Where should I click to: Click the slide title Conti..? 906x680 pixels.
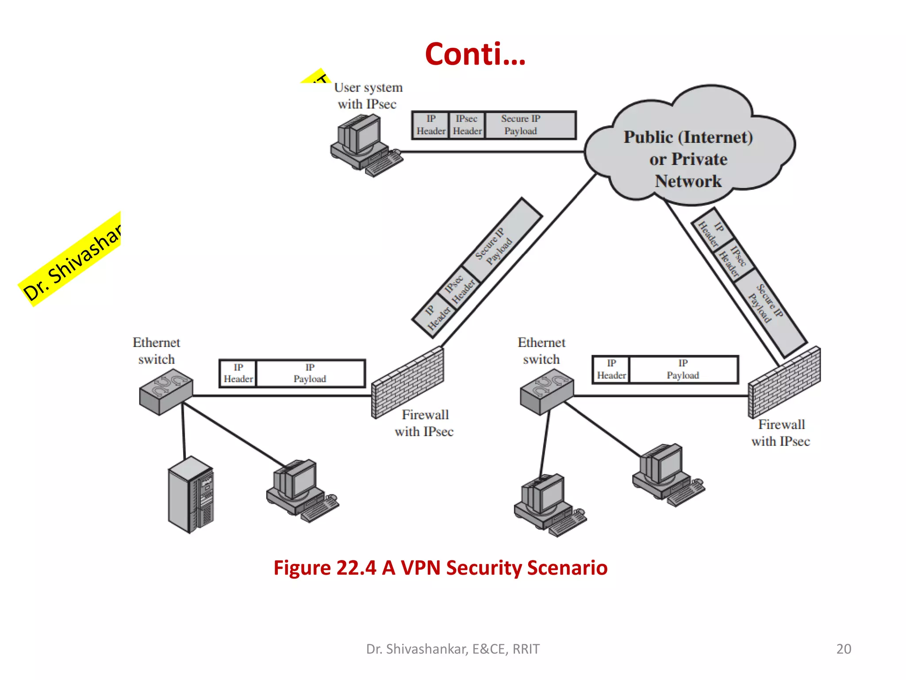[x=475, y=54]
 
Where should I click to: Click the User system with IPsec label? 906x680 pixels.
[x=368, y=96]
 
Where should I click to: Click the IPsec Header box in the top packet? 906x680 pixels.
[x=467, y=125]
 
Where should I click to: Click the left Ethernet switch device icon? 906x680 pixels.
[x=165, y=391]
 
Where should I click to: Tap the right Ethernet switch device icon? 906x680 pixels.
[x=547, y=391]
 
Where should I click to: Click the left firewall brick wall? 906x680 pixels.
[x=407, y=382]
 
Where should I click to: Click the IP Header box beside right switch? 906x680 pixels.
[x=611, y=369]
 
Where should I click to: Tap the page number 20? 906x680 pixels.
[x=843, y=649]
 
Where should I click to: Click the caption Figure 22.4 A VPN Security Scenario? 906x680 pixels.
[x=440, y=568]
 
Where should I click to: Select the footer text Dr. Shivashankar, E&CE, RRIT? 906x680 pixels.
[x=453, y=649]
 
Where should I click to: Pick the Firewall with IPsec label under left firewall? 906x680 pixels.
[x=424, y=423]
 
